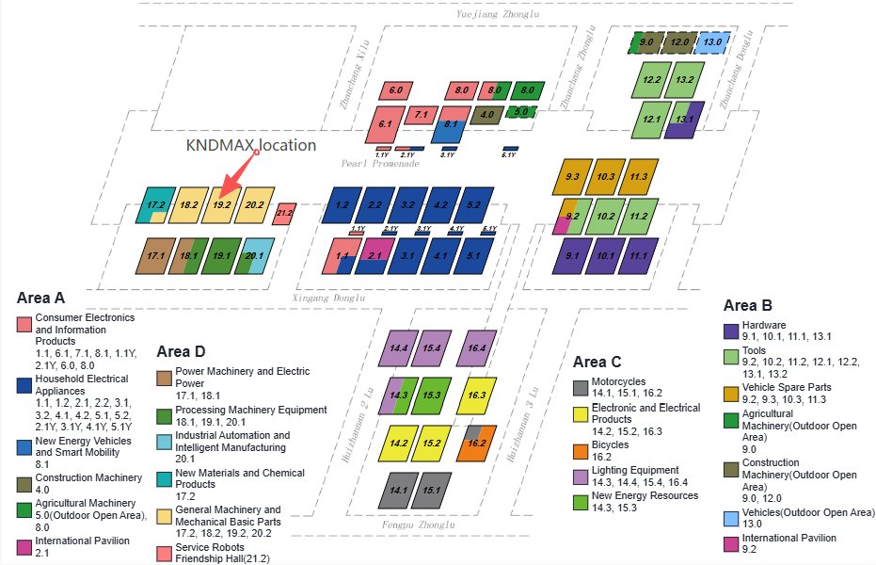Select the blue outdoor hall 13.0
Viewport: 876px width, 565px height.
coord(711,42)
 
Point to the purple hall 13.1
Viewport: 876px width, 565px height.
coord(684,120)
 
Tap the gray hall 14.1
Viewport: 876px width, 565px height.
coord(399,491)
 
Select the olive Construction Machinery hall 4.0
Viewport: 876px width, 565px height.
coord(486,116)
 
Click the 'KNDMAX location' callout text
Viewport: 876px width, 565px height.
coord(251,146)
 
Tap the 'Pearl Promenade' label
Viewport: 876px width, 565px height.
coord(380,163)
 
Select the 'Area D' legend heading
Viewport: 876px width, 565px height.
coord(181,352)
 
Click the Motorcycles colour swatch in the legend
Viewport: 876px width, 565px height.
coord(581,388)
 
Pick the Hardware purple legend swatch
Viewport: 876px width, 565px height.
coord(731,331)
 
